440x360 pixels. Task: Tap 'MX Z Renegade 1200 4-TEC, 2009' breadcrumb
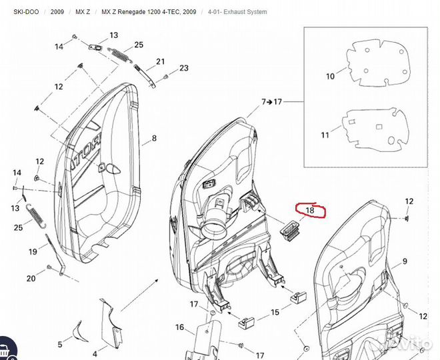(x=149, y=12)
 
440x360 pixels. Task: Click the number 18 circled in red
(x=309, y=211)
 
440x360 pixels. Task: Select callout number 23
(x=184, y=68)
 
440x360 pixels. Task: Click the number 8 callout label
(x=154, y=139)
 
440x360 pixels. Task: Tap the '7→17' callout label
(x=271, y=102)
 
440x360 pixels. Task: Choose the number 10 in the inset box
(x=330, y=77)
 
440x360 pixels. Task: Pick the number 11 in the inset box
(x=325, y=135)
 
